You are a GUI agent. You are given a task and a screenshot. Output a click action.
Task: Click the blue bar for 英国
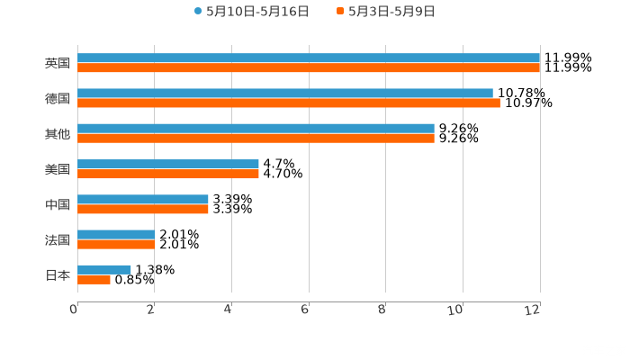tap(309, 58)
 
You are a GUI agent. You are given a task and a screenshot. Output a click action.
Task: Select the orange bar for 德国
tap(289, 103)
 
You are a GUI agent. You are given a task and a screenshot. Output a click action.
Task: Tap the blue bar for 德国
tap(285, 93)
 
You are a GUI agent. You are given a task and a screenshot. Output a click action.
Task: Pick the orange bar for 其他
tap(256, 138)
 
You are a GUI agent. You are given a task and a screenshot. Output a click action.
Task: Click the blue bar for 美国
tap(168, 164)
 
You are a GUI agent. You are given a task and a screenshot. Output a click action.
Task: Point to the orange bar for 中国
tap(143, 209)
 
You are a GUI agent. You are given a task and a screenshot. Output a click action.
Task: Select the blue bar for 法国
tap(116, 234)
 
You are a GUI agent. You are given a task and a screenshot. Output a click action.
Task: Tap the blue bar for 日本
tap(104, 269)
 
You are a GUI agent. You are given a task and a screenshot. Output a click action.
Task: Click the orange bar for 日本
tap(94, 279)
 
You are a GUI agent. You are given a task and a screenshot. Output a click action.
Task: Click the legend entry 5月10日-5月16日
tap(251, 12)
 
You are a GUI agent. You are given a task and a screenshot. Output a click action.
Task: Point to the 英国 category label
tap(58, 63)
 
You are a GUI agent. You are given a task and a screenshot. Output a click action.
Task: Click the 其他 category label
tap(58, 133)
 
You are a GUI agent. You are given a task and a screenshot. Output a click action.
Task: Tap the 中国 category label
tap(58, 204)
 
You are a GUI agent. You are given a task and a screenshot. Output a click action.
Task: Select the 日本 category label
tap(58, 274)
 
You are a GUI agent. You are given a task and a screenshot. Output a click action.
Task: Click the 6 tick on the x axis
tap(305, 310)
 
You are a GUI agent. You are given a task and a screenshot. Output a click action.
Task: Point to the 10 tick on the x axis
tap(459, 310)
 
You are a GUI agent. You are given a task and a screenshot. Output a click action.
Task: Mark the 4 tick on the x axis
tap(229, 310)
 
